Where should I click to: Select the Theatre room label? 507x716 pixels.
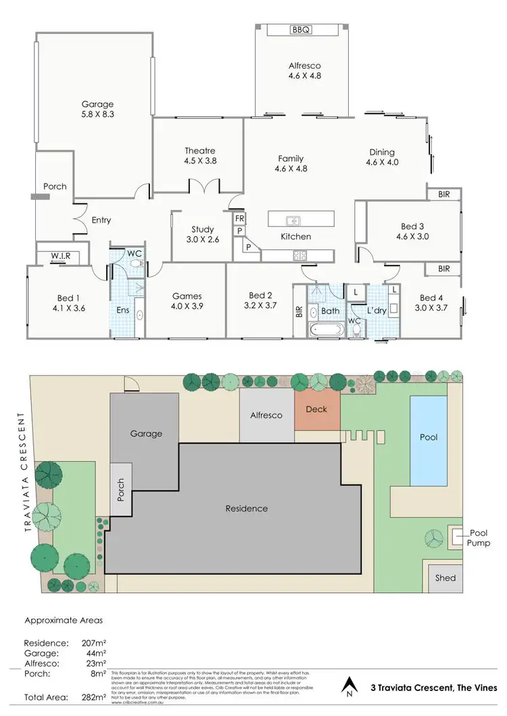(199, 151)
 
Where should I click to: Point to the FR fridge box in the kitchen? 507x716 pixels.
(239, 219)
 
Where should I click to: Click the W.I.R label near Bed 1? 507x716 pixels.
(60, 256)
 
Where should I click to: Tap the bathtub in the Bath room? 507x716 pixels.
(325, 330)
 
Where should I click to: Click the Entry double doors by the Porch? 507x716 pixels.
(80, 213)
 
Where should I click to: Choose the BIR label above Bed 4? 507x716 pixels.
(443, 269)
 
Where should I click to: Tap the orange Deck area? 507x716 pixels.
(316, 410)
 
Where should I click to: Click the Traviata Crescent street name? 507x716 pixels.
(21, 479)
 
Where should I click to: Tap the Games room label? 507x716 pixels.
(187, 296)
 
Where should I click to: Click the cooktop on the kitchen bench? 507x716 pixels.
(298, 255)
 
